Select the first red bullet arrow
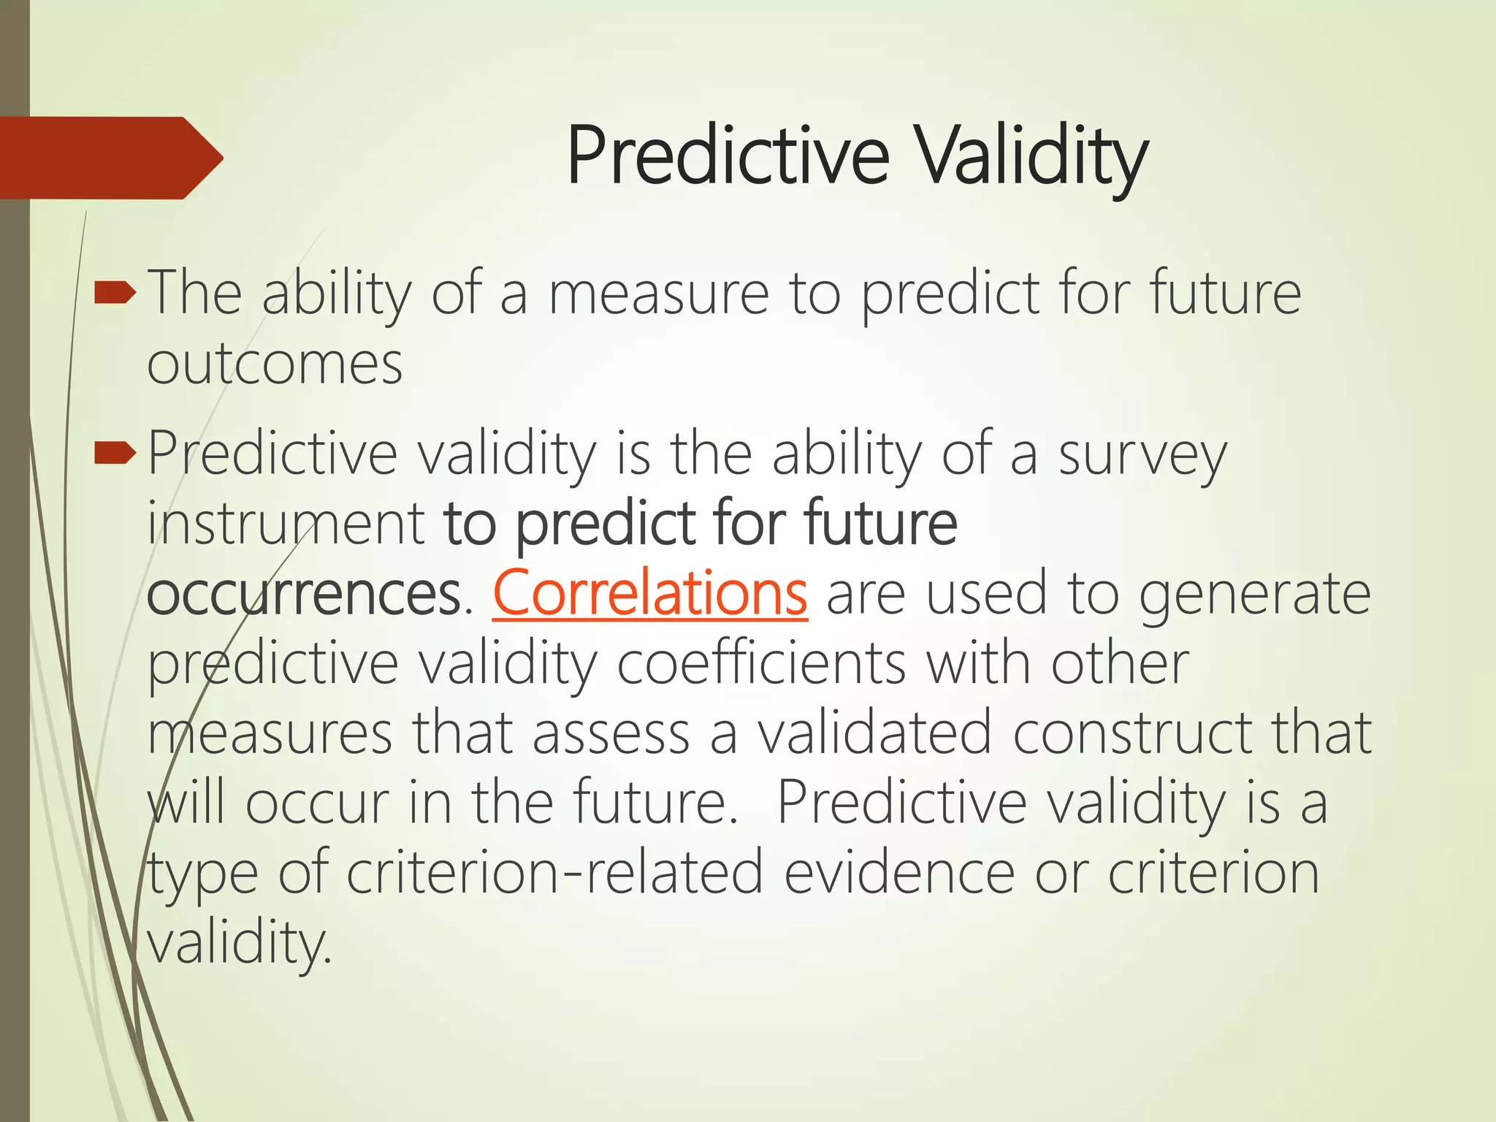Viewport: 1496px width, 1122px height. (115, 294)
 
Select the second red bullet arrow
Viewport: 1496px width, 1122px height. (115, 455)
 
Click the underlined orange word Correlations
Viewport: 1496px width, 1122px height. (650, 593)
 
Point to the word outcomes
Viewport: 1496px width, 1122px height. (275, 364)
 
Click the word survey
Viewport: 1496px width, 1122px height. (1142, 455)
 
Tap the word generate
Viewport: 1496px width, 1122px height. (1255, 593)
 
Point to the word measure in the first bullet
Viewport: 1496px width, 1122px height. (659, 294)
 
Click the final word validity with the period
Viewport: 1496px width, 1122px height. (240, 942)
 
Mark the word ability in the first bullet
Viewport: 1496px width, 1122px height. (337, 294)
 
